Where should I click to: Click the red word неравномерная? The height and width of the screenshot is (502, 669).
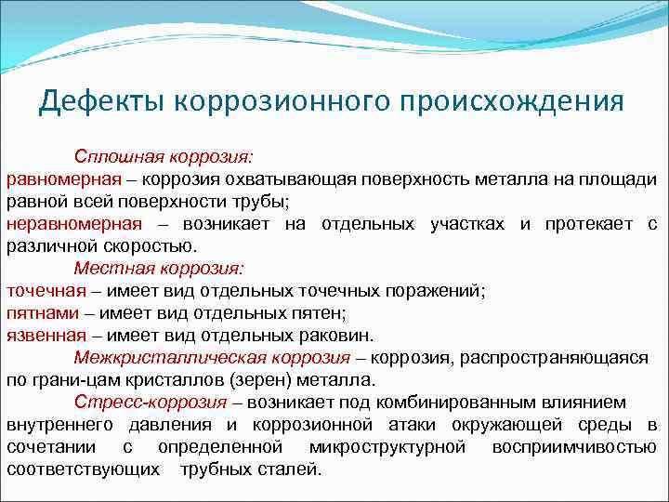click(x=74, y=224)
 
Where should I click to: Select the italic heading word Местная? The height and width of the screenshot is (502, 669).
click(x=108, y=269)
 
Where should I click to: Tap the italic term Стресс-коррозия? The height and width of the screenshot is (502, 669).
click(x=151, y=403)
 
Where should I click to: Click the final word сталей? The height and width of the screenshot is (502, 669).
click(x=292, y=469)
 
